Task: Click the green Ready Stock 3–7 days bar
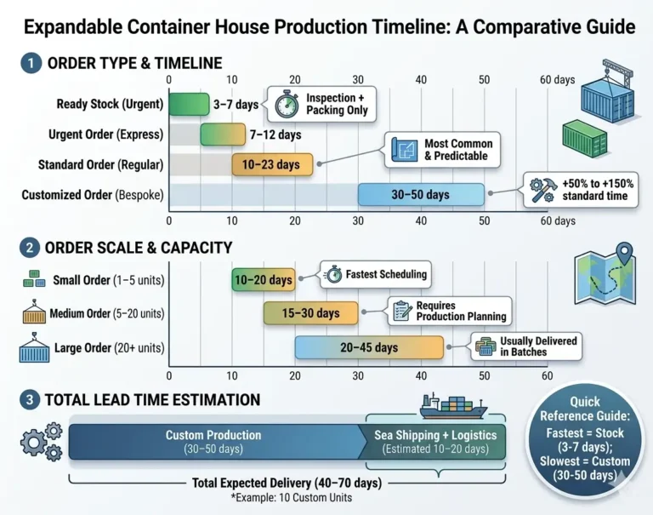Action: point(189,105)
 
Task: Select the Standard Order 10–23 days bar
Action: point(272,164)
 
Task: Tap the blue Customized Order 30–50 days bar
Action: point(420,195)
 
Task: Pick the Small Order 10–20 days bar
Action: point(263,279)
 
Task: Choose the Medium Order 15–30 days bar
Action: point(310,313)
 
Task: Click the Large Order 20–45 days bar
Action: point(369,347)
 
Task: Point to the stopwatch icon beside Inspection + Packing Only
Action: point(287,104)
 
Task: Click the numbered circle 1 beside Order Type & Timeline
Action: point(31,63)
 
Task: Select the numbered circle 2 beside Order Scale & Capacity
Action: point(31,248)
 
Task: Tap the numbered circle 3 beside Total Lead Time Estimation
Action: point(31,398)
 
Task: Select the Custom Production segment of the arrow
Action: point(214,442)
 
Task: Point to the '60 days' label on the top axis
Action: point(558,80)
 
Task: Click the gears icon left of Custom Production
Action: point(41,440)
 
